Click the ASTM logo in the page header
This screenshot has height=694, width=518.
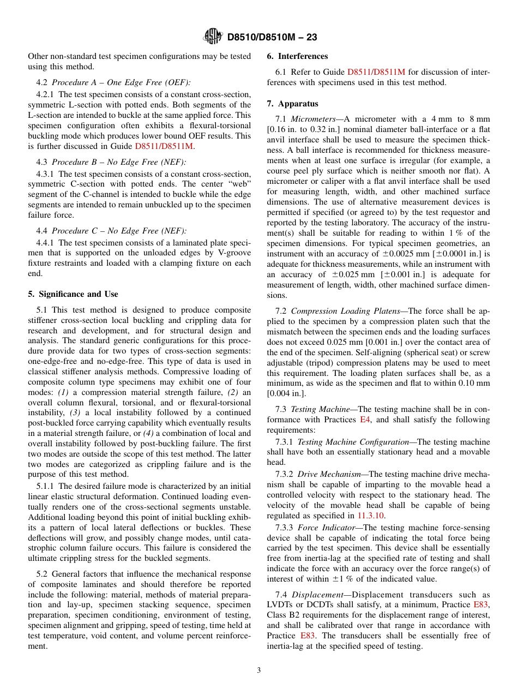[x=213, y=37]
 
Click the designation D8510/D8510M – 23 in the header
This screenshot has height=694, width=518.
[x=272, y=37]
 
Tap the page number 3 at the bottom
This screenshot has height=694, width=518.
[x=259, y=670]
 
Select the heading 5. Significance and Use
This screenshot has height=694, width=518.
[x=73, y=294]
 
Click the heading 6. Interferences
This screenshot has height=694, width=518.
[x=297, y=56]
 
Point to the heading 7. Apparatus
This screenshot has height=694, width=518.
[x=292, y=104]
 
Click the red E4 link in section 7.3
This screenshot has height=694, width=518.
[x=365, y=420]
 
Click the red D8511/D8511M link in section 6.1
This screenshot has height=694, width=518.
[x=376, y=72]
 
